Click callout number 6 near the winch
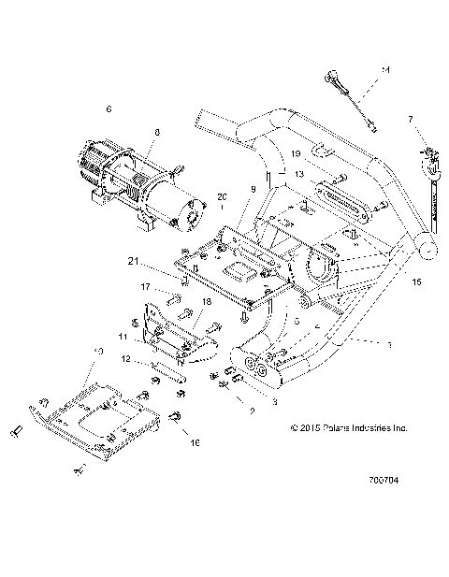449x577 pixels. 109,109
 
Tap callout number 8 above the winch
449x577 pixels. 157,132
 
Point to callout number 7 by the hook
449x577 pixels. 409,119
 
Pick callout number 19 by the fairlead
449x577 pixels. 294,152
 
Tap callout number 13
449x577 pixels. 297,174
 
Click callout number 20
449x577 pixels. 222,196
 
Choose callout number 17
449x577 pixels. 146,286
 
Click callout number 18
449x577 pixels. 205,302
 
